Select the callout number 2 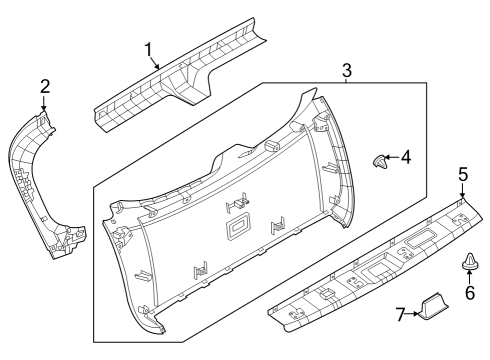(x=44, y=86)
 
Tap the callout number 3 (x=346, y=70)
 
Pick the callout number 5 (x=463, y=174)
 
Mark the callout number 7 (x=400, y=315)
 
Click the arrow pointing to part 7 (x=415, y=315)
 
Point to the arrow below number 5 (x=463, y=190)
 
